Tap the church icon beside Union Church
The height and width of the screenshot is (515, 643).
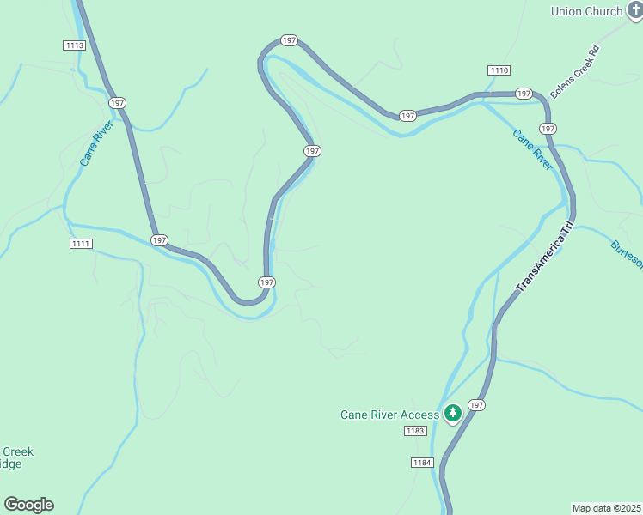634,10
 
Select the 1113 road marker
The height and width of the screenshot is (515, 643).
74,45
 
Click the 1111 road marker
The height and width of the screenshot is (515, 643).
81,244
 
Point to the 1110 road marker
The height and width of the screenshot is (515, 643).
499,70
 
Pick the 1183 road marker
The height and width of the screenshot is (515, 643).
415,431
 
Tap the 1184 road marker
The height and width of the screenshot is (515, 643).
421,463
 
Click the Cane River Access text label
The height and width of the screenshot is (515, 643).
389,415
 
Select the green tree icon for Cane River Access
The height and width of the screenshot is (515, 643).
453,414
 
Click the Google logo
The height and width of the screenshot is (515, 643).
28,505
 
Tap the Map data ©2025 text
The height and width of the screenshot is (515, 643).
607,507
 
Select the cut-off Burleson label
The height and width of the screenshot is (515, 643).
627,253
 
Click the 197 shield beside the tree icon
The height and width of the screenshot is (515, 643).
477,404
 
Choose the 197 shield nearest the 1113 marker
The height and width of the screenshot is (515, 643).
118,102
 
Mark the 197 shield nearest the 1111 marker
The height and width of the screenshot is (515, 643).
159,240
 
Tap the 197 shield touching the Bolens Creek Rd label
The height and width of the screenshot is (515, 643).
524,93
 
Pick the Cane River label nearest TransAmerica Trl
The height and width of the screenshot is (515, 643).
532,149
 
